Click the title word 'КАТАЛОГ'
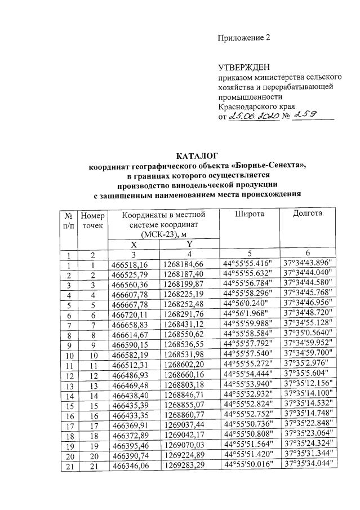click(x=197, y=156)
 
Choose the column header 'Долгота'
click(x=308, y=214)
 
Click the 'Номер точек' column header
click(x=93, y=220)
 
